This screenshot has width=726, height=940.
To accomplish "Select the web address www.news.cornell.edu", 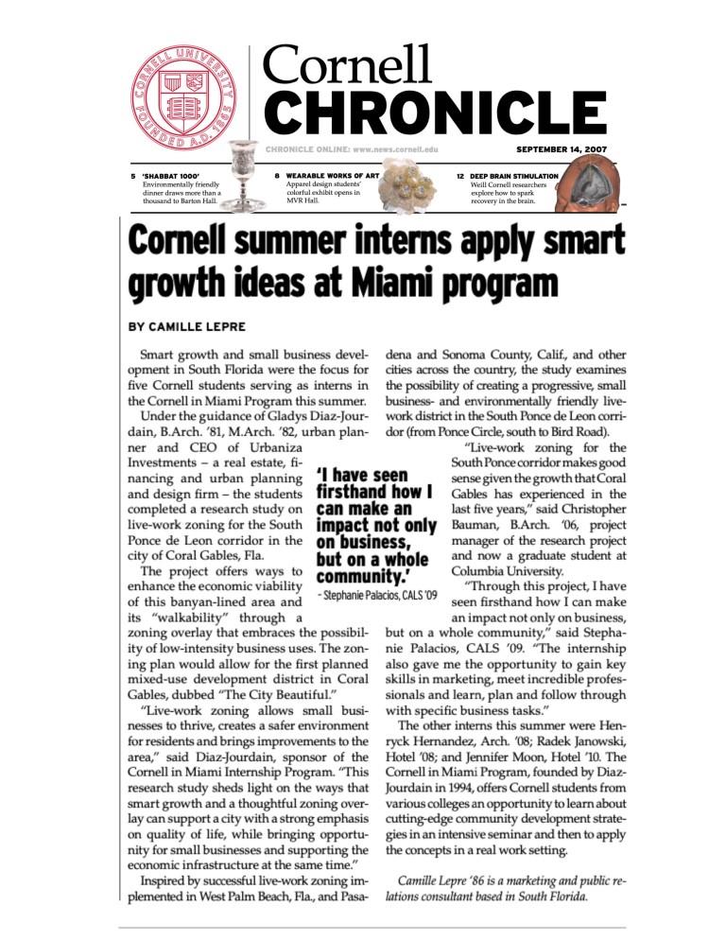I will point(397,149).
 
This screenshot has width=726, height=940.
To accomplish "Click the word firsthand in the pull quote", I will point(361,493).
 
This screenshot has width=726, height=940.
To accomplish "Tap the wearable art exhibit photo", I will point(408,193).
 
